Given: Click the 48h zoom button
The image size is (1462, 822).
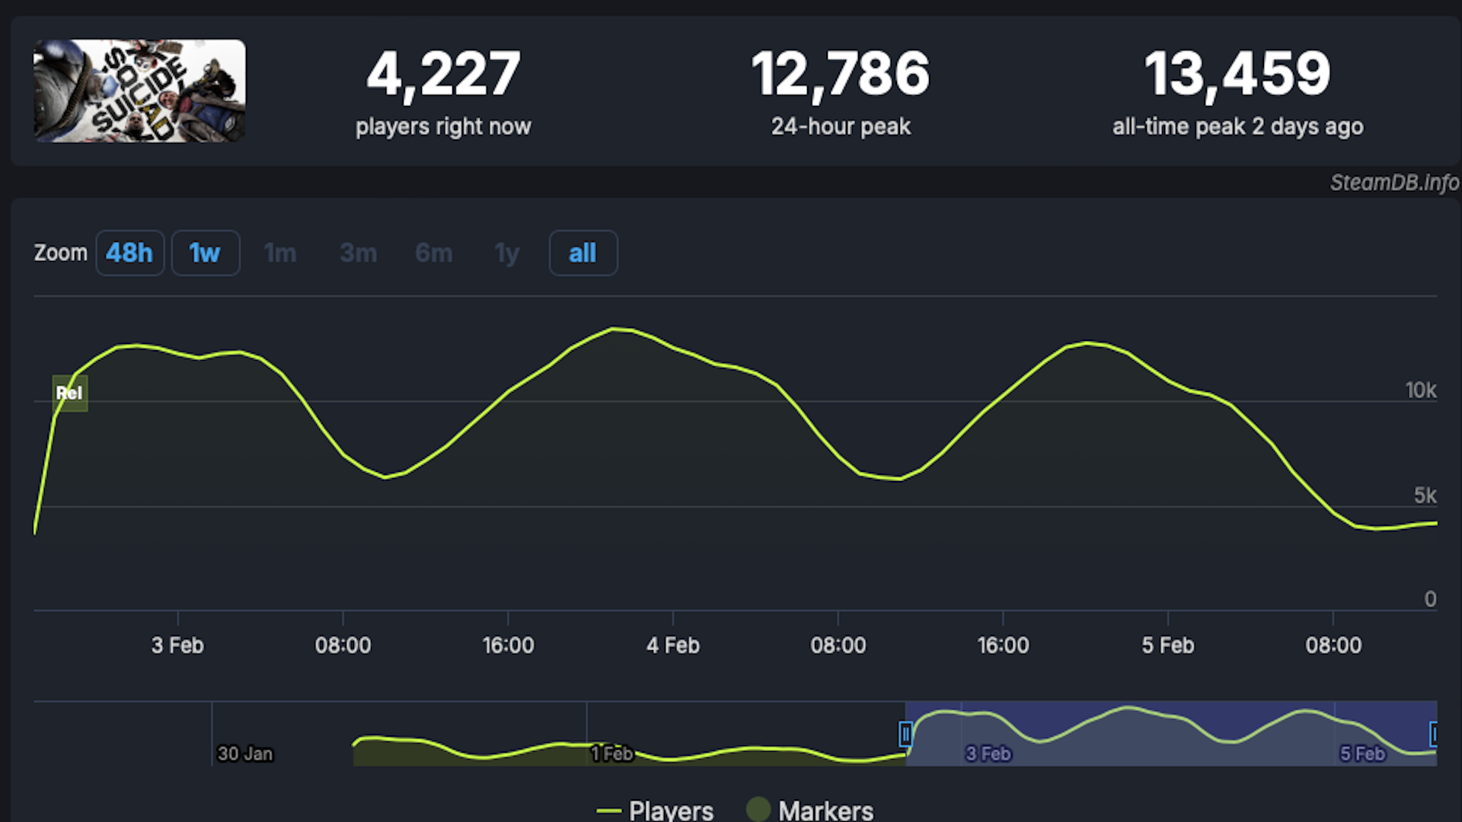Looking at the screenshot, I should click(129, 253).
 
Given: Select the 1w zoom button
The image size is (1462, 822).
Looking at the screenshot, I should click(205, 253).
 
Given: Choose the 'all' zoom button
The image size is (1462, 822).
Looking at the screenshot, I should click(583, 253).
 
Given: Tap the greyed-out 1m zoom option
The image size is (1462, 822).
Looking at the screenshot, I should click(280, 253).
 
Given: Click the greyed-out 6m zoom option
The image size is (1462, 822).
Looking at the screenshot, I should click(434, 253).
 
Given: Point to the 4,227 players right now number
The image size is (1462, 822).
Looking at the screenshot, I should click(443, 75).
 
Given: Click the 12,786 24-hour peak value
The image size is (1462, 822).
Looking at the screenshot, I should click(841, 75).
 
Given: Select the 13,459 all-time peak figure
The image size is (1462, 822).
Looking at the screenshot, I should click(1237, 75).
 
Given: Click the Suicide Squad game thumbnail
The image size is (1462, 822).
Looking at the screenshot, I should click(139, 91).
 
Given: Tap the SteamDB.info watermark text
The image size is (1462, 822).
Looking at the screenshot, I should click(1393, 183).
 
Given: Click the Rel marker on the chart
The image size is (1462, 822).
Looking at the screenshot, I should click(69, 393).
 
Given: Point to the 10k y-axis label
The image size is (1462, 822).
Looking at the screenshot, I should click(1420, 390).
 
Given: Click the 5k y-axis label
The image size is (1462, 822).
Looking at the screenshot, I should click(1425, 495).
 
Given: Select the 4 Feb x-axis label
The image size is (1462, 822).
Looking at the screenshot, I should click(672, 645).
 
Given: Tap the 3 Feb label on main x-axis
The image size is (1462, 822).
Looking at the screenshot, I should click(177, 645).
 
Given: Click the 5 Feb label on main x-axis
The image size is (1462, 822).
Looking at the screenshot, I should click(1167, 645).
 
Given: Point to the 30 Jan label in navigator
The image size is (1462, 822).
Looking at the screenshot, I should click(244, 753).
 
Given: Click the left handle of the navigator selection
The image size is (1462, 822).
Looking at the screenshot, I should click(905, 734).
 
